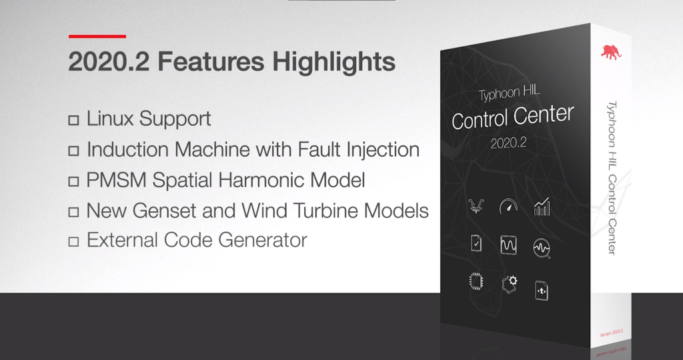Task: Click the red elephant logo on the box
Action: point(611,52)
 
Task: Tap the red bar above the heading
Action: point(97,35)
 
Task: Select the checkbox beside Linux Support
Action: point(73,121)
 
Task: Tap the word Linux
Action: point(110,119)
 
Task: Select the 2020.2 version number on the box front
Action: point(509,143)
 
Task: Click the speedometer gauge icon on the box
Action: point(508,207)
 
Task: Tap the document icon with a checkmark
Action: point(476,243)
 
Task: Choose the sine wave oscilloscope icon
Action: point(508,245)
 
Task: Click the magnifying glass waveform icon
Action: point(542,249)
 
